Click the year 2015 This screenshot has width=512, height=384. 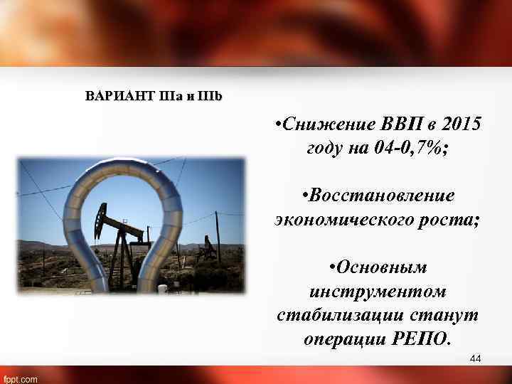tap(461, 124)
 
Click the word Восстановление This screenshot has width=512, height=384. tap(378, 195)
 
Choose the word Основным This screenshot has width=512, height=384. tap(378, 267)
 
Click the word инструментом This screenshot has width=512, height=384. tap(378, 292)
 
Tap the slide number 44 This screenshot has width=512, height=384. tap(476, 359)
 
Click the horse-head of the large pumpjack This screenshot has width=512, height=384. tap(101, 213)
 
